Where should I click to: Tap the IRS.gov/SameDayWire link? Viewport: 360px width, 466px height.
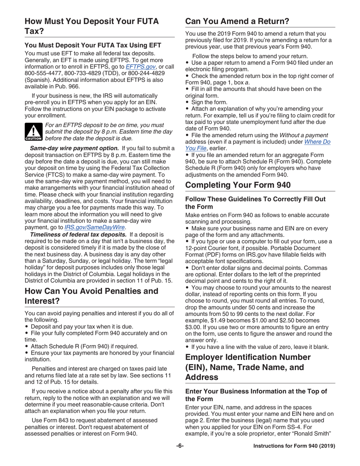95,227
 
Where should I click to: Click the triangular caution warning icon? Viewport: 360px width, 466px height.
33,131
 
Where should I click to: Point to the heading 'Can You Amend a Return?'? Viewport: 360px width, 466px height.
237,21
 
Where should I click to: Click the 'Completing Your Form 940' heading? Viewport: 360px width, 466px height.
238,185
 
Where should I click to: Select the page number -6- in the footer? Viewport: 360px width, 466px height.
180,446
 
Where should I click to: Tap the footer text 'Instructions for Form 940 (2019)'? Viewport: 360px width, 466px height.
294,446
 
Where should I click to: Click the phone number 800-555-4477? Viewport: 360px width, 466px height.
42,73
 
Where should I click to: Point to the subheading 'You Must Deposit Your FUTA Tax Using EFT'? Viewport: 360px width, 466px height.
93,45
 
